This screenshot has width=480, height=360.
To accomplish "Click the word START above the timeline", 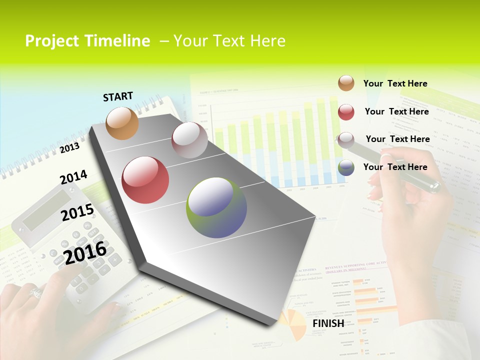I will coord(118,96).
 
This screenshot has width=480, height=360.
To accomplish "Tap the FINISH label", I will coord(328,323).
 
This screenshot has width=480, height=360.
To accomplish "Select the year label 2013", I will coord(69,147).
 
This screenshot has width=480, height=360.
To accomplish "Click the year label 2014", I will coord(73,177).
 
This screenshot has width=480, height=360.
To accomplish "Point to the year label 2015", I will coord(77,212).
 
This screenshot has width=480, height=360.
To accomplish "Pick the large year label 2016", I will coord(85,252).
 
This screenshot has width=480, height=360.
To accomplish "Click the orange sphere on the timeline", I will coord(122,123).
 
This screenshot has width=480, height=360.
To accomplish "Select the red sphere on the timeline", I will coord(145,180).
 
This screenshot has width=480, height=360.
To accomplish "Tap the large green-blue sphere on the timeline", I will coord(216,207).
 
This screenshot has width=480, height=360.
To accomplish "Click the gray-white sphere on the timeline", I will coord(189,140).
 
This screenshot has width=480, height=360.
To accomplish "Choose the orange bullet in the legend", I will coord(346,83).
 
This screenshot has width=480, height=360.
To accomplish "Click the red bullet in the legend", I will coord(346,112).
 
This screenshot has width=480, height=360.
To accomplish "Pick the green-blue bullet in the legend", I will coord(346,167).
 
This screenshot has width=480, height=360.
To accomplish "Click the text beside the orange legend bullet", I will coord(395,83).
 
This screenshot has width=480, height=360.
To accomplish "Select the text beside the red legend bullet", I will coord(396,111).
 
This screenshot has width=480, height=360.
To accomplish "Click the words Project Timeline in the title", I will coord(87,41).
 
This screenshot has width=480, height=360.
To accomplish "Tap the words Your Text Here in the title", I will coord(229,41).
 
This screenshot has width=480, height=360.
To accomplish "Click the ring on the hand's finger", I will coord(36,292).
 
